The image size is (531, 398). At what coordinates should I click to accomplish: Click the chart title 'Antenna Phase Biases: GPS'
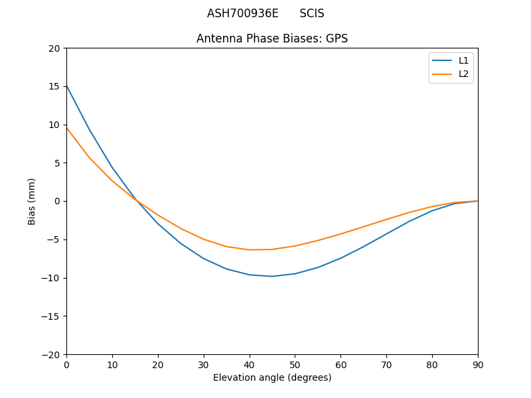tap(272, 38)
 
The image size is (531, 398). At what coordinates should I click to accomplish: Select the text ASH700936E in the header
tap(242, 13)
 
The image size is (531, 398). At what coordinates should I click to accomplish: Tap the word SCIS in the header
tap(312, 13)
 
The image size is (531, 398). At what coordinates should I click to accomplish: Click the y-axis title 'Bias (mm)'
tap(32, 201)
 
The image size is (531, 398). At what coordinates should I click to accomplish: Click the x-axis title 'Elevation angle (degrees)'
tap(272, 377)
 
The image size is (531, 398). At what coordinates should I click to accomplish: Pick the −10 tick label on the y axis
tap(52, 278)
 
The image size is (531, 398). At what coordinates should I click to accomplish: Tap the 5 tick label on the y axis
tap(57, 163)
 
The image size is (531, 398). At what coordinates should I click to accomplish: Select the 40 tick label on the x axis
tap(250, 364)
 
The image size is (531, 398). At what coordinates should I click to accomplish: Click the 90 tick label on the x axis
tap(478, 364)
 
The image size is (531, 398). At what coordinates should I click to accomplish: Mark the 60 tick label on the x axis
tap(341, 364)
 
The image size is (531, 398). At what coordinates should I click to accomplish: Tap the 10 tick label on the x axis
tap(112, 364)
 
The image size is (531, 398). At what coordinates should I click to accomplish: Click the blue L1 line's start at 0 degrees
tap(67, 86)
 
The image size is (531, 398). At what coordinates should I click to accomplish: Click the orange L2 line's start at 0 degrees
tap(67, 128)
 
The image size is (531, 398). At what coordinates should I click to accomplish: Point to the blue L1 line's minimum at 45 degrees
tap(272, 276)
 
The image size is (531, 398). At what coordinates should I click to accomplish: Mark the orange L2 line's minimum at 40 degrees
tap(250, 249)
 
